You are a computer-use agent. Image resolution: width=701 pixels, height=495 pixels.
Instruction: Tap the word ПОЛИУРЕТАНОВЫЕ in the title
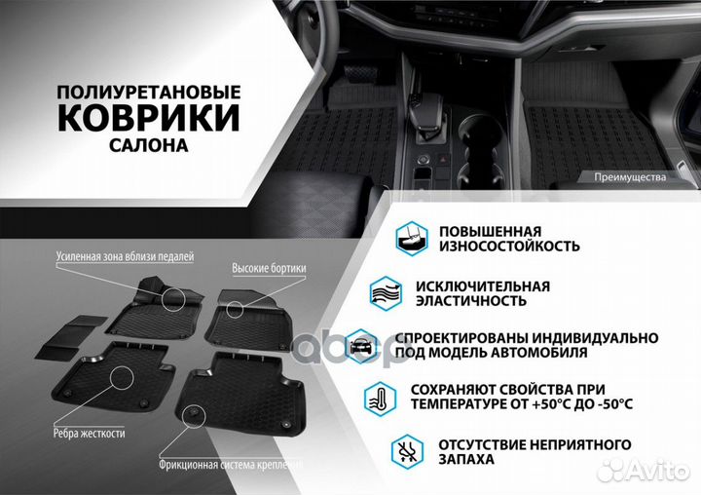click(x=148, y=91)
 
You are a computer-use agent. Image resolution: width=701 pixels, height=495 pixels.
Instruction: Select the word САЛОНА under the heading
click(x=149, y=144)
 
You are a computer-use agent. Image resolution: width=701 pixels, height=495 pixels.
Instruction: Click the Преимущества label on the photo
click(x=629, y=177)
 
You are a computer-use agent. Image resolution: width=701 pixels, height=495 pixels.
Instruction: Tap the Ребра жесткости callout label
click(x=95, y=430)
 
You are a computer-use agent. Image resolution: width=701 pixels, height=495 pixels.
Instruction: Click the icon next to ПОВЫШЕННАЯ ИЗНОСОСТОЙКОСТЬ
click(x=409, y=237)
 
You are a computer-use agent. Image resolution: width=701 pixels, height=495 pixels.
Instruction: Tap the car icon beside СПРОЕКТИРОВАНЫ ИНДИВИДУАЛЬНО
click(x=361, y=344)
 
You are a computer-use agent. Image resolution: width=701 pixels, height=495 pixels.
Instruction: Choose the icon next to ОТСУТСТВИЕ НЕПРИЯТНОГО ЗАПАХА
click(x=407, y=450)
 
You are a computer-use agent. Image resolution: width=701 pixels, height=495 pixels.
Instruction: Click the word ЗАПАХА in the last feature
click(x=467, y=459)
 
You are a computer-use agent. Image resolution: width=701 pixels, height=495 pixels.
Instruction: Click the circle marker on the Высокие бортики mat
click(x=236, y=308)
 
